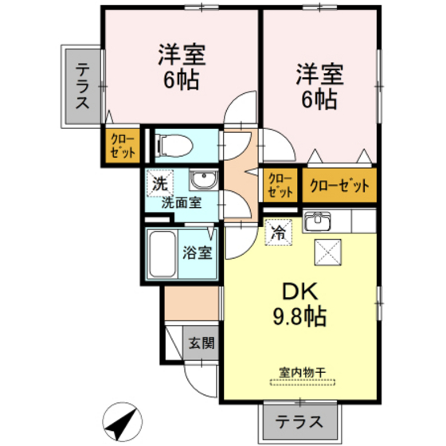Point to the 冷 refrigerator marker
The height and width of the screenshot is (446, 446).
tap(279, 232)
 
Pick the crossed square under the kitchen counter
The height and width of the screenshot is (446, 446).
tap(327, 252)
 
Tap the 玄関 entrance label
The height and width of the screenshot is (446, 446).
tap(201, 344)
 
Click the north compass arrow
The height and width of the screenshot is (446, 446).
tap(120, 417)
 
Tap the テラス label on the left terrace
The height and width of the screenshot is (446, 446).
tap(83, 88)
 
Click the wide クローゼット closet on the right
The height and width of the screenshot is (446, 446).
tap(339, 186)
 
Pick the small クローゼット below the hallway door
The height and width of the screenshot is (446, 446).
tap(280, 186)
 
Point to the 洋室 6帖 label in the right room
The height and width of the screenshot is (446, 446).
tap(320, 87)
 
